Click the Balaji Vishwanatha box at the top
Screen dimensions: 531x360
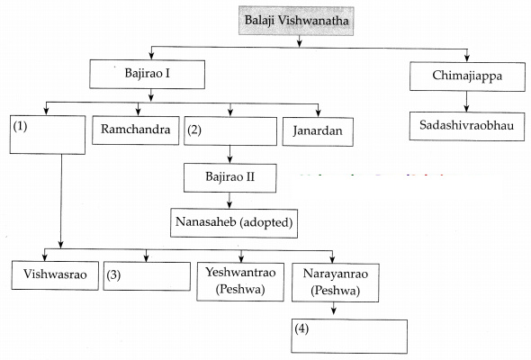point(296,21)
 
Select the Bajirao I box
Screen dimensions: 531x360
point(147,74)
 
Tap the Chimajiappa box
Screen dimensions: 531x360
point(467,76)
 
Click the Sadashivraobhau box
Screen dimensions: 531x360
point(467,126)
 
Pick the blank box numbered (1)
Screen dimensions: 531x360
point(48,135)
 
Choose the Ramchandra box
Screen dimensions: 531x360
point(136,130)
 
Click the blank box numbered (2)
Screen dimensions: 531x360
point(230,131)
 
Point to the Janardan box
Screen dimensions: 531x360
point(318,131)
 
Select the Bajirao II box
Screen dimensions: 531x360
point(229,178)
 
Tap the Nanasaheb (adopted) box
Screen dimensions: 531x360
point(234,223)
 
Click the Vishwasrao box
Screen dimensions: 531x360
point(55,275)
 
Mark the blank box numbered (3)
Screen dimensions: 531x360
point(147,276)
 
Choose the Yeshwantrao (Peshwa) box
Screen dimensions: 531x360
point(240,282)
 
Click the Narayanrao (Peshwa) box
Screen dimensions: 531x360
point(336,283)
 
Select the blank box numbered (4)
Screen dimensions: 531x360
point(349,337)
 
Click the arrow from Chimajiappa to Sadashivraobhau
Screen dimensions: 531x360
point(467,102)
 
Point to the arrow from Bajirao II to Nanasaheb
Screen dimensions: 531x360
point(229,201)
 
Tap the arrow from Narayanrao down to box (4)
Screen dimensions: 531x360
point(334,308)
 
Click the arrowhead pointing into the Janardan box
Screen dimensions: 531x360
point(318,113)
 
